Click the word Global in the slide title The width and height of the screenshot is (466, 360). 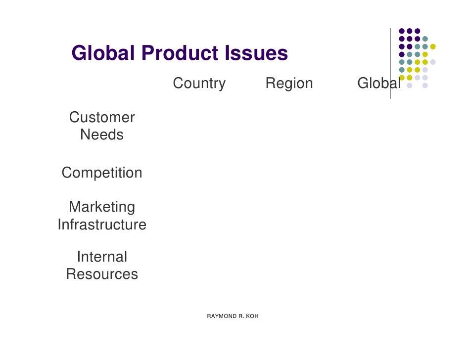(103, 53)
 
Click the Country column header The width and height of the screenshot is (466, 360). (199, 84)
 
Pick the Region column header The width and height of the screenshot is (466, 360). (289, 84)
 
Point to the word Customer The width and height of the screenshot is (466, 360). (102, 118)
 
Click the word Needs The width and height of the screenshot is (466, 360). (102, 135)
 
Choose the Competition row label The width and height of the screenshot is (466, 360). (102, 173)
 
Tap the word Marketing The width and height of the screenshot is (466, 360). (102, 207)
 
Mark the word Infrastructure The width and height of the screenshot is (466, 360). (102, 225)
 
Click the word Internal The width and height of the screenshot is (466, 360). (102, 257)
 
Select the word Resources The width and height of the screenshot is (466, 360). (102, 274)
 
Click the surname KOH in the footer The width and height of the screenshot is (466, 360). (252, 316)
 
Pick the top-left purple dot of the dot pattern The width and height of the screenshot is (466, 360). (402, 31)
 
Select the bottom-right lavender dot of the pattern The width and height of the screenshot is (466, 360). (425, 86)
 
